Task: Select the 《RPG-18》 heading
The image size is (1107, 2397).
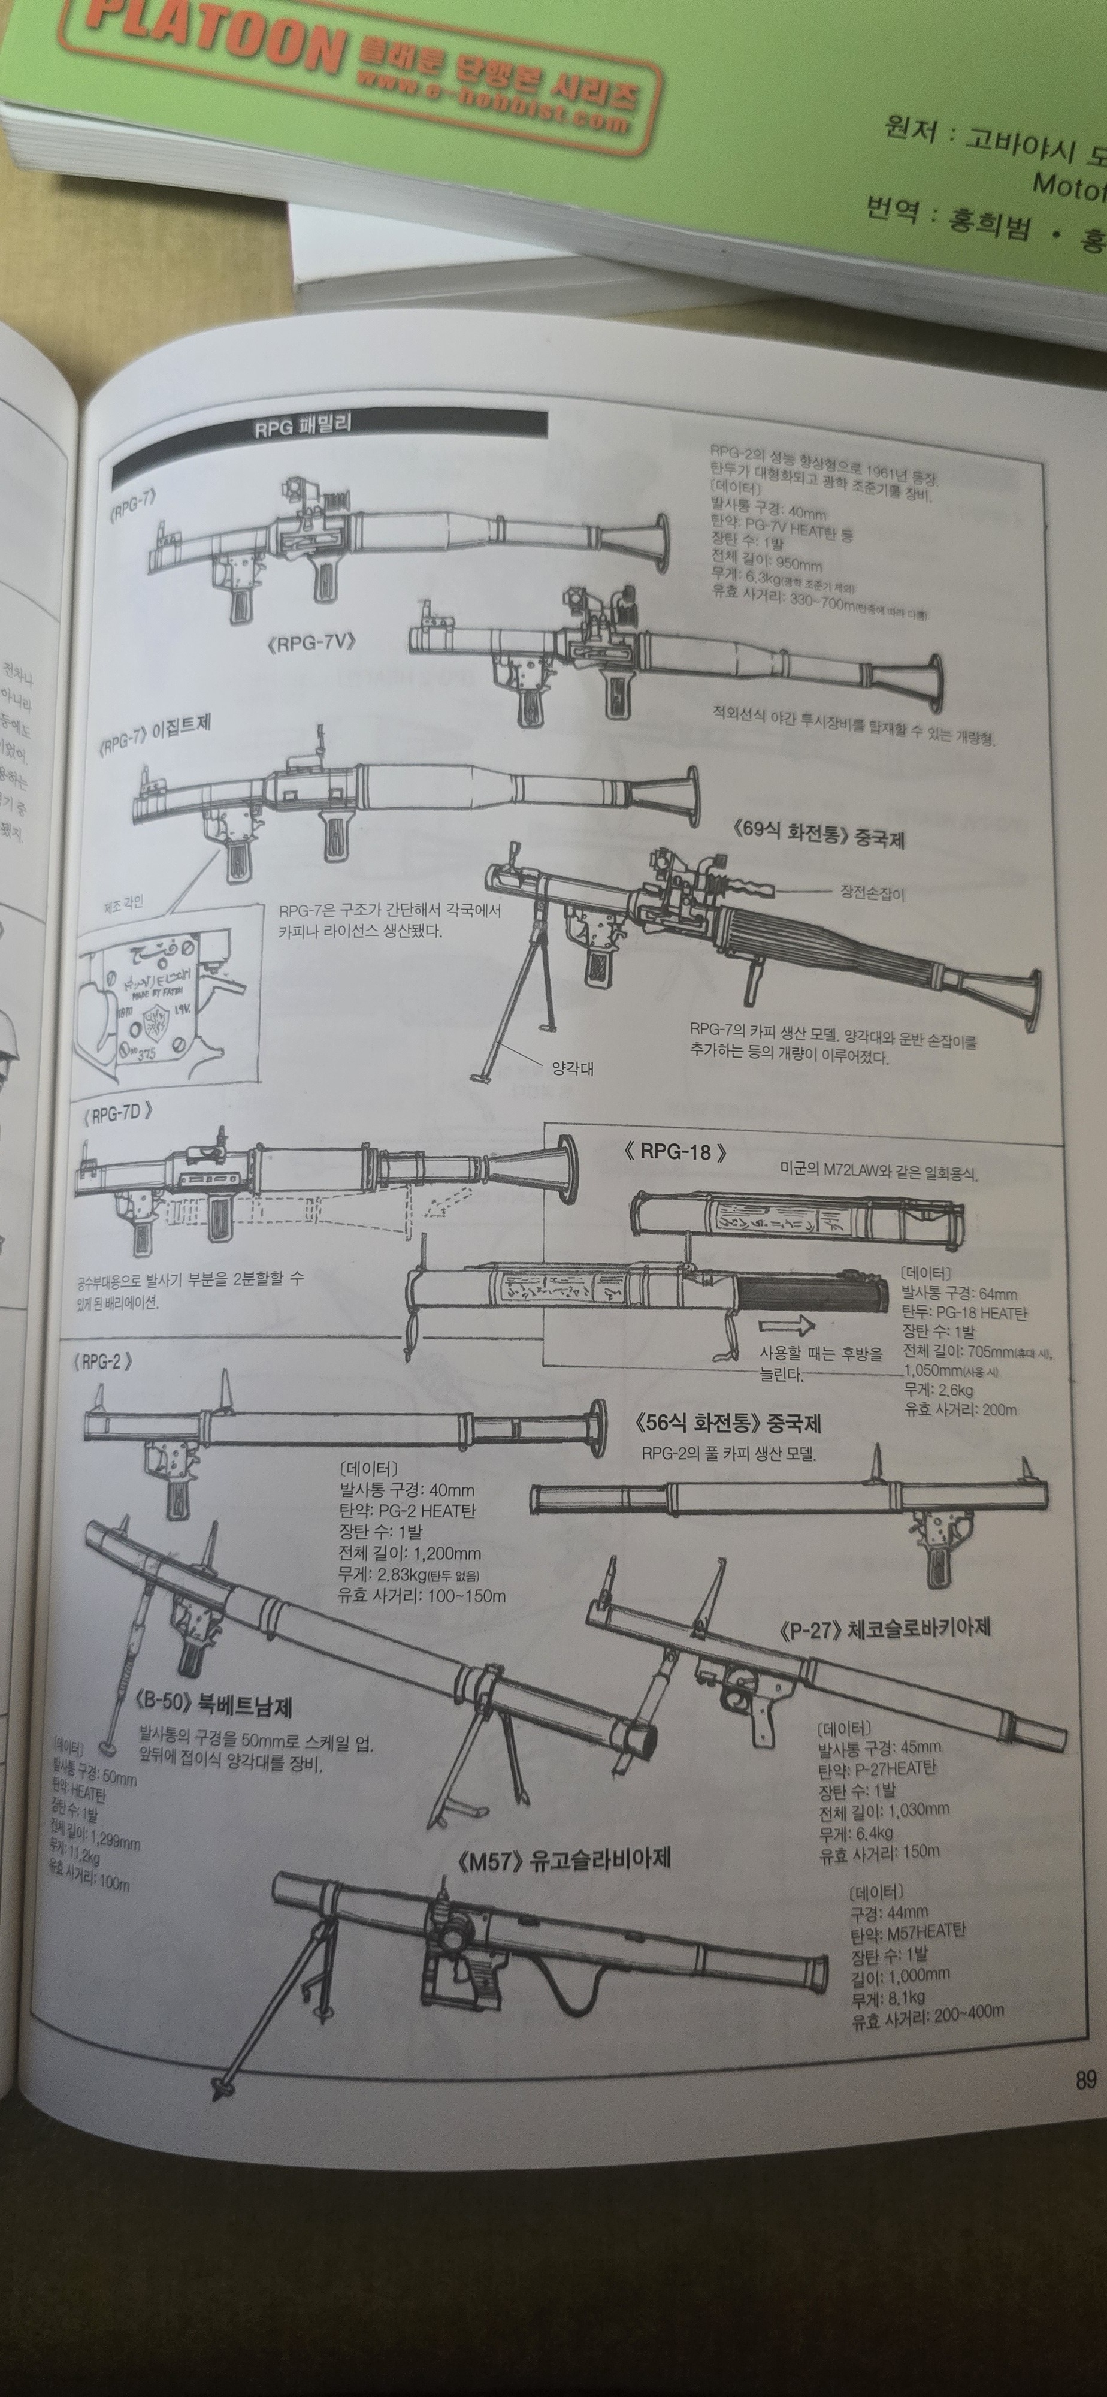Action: point(675,1151)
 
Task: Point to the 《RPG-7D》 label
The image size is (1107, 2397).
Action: point(117,1114)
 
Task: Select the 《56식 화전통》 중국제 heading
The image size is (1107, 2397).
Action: point(727,1424)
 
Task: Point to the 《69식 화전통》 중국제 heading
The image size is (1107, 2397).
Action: point(819,833)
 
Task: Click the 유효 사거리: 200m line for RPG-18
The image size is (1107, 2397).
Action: point(960,1409)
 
